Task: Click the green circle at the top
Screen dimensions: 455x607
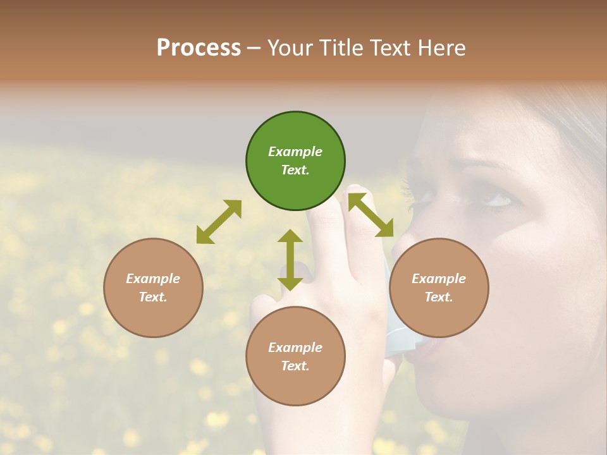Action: point(295,161)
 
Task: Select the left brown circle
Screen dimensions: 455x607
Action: point(153,288)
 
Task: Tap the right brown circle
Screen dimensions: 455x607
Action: point(439,288)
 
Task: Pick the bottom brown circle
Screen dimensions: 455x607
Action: point(295,356)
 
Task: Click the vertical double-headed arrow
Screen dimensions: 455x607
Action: point(290,260)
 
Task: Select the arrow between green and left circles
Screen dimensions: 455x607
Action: point(219,222)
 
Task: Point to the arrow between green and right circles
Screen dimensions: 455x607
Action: point(371,215)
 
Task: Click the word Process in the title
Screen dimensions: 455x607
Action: point(199,47)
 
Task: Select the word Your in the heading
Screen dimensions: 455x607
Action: point(289,47)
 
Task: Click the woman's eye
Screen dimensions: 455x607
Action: point(496,200)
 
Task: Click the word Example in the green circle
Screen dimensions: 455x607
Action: point(295,152)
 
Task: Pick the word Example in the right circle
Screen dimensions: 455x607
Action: point(439,279)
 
